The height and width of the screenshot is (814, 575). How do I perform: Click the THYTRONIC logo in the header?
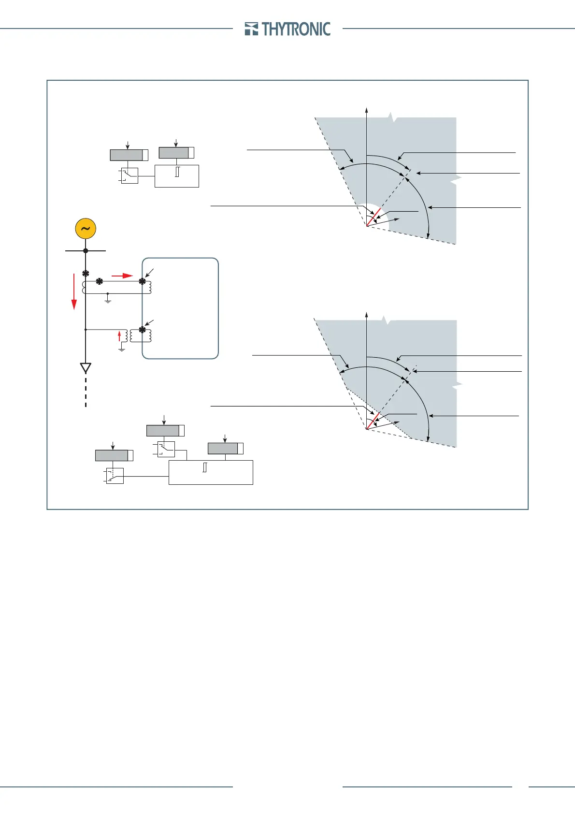coord(287,29)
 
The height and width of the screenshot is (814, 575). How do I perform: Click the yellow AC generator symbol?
coord(86,229)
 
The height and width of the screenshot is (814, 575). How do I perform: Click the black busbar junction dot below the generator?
coord(86,250)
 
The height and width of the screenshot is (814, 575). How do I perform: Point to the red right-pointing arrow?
coord(122,276)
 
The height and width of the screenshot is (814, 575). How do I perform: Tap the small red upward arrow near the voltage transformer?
coord(119,336)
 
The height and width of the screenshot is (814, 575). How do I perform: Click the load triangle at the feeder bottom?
coord(86,368)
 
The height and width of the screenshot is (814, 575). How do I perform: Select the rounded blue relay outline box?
coord(180,308)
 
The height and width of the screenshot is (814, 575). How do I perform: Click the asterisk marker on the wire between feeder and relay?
coord(100,281)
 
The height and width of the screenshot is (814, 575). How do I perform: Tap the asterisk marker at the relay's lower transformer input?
coord(142,330)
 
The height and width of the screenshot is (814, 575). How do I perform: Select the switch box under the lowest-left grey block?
coord(115,476)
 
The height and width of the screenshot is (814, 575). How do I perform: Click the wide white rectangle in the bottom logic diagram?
coord(211,472)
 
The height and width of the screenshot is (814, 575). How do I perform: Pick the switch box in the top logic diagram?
coord(129,175)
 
